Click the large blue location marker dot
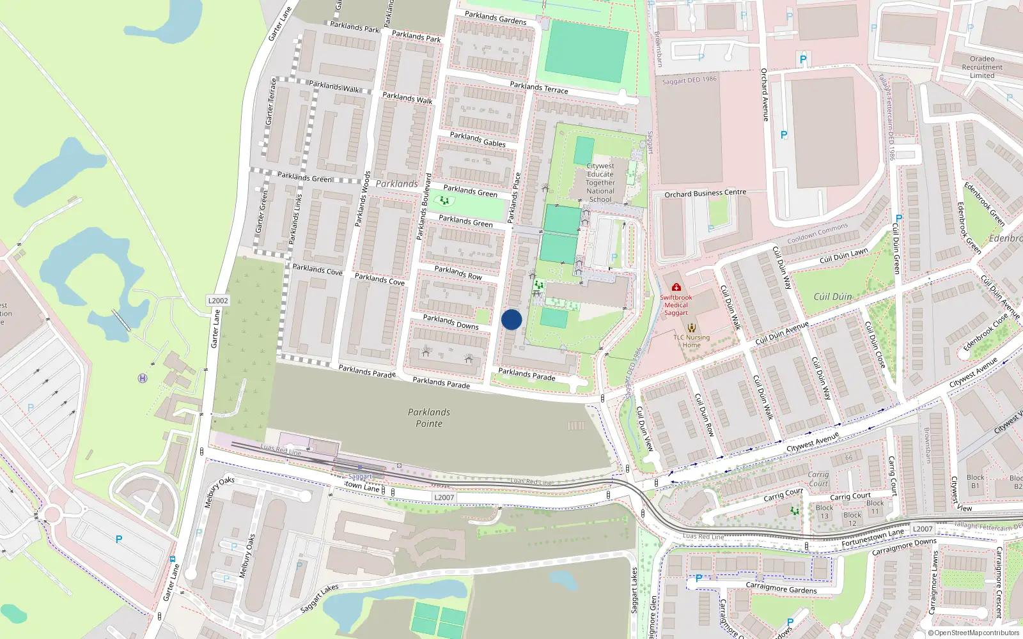pos(511,319)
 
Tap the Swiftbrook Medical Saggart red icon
pos(676,287)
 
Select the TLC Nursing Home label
pos(691,341)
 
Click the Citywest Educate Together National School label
pos(600,183)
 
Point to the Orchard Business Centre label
pos(705,193)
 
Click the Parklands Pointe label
pos(429,418)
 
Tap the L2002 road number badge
pos(218,300)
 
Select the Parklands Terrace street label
pos(539,88)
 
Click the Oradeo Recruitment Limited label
pos(982,67)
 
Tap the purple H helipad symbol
pos(143,378)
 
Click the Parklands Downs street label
pos(451,322)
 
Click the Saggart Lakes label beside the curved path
pos(320,599)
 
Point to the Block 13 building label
pos(824,512)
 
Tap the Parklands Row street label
pos(458,273)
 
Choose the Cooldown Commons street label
pos(817,233)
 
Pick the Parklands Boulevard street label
pos(424,206)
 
